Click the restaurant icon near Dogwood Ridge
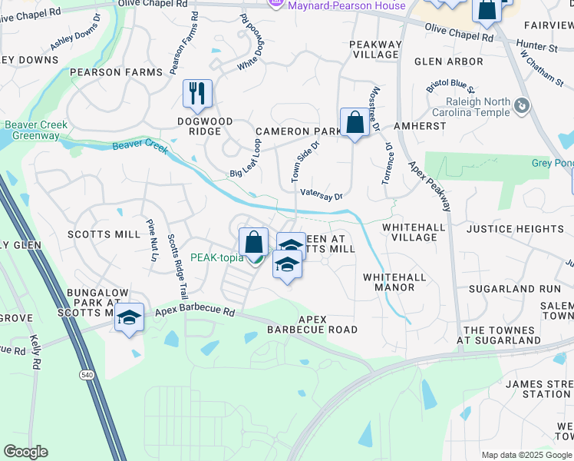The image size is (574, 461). tap(197, 94)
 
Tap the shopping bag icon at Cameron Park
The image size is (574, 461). tap(355, 122)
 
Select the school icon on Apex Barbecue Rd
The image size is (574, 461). tap(129, 317)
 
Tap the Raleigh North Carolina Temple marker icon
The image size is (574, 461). tap(523, 104)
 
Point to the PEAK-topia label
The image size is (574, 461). tap(216, 257)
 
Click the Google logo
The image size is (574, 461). tap(25, 452)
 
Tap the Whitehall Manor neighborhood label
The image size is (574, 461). tap(388, 282)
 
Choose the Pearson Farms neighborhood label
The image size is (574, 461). tap(116, 72)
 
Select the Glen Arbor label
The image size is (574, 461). tap(449, 61)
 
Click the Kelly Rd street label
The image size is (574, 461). tap(35, 350)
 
